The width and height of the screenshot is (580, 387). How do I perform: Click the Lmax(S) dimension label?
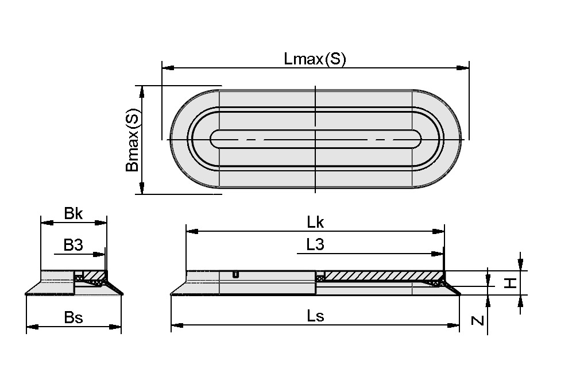pyautogui.click(x=315, y=59)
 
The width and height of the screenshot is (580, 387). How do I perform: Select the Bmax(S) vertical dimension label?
pyautogui.click(x=132, y=141)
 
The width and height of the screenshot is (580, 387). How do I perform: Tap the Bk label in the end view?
pyautogui.click(x=74, y=214)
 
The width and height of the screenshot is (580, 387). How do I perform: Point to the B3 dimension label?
pyautogui.click(x=74, y=246)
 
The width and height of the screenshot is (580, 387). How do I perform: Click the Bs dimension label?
pyautogui.click(x=74, y=317)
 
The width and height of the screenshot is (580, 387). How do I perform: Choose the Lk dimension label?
pyautogui.click(x=315, y=223)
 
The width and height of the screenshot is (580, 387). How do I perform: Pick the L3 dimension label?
pyautogui.click(x=315, y=245)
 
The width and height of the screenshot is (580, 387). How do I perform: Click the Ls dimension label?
pyautogui.click(x=315, y=316)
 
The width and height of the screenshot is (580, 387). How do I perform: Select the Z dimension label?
pyautogui.click(x=477, y=320)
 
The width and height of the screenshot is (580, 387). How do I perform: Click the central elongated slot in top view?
pyautogui.click(x=316, y=139)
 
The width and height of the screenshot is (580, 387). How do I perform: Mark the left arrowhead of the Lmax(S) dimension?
pyautogui.click(x=167, y=68)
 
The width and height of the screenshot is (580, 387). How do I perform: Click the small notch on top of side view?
pyautogui.click(x=235, y=274)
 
